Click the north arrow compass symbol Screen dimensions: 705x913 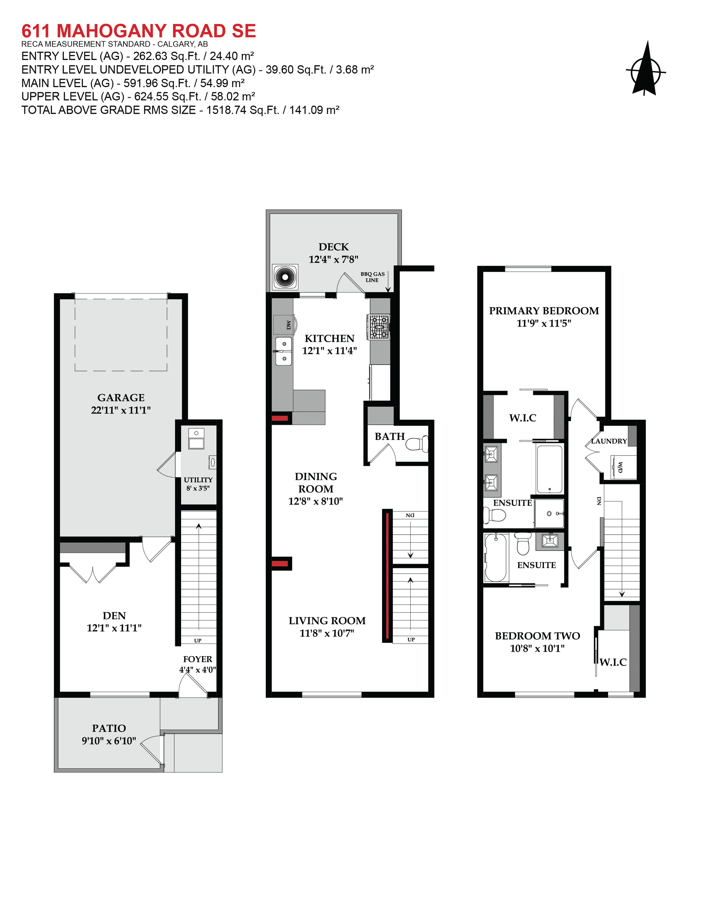point(646,70)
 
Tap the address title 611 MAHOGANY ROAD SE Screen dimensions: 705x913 point(138,31)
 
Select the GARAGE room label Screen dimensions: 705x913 point(121,398)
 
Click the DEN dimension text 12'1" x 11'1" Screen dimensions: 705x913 point(114,628)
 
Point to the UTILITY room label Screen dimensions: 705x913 point(198,480)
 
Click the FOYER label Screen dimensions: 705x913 point(198,659)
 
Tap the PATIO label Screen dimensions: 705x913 point(109,728)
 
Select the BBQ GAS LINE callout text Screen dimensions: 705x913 point(372,277)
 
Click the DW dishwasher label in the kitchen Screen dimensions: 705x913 point(288,325)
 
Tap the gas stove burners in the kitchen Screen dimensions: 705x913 point(379,327)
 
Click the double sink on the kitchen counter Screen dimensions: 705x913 point(284,351)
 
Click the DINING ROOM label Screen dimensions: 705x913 point(316,482)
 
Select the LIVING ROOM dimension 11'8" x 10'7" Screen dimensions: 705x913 point(327,633)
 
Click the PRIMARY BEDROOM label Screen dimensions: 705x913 point(544,311)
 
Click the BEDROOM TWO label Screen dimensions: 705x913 point(537,636)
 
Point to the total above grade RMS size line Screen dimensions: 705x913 point(180,110)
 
